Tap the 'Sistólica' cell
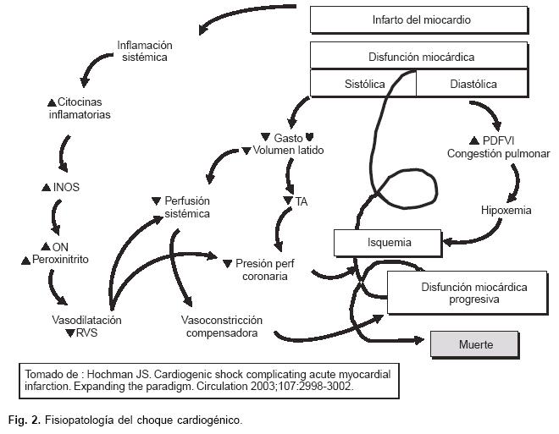pyautogui.click(x=364, y=84)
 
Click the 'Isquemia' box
pyautogui.click(x=389, y=243)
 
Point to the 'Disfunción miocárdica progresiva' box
pyautogui.click(x=462, y=293)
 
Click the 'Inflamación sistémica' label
pyautogui.click(x=144, y=51)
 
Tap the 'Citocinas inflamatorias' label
pyautogui.click(x=79, y=107)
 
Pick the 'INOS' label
pyautogui.click(x=65, y=187)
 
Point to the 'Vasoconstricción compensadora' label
pyautogui.click(x=221, y=327)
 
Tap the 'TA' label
pyautogui.click(x=301, y=201)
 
